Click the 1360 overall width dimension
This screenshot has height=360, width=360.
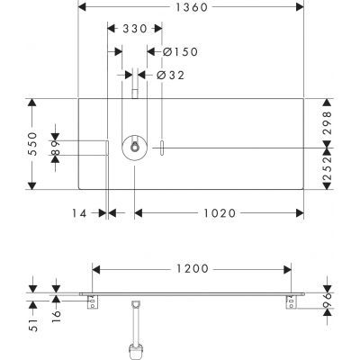[192, 7]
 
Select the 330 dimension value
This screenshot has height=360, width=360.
[135, 29]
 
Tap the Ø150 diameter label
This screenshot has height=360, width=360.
[181, 52]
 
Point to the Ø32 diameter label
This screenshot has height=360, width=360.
[170, 76]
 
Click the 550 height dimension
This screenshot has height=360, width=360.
[32, 144]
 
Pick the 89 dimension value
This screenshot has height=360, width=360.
[56, 148]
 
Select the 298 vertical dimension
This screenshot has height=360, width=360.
[328, 122]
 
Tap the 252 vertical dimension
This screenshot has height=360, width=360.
[328, 168]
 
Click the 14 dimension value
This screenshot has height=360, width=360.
[79, 213]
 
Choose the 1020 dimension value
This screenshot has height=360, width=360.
[220, 213]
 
